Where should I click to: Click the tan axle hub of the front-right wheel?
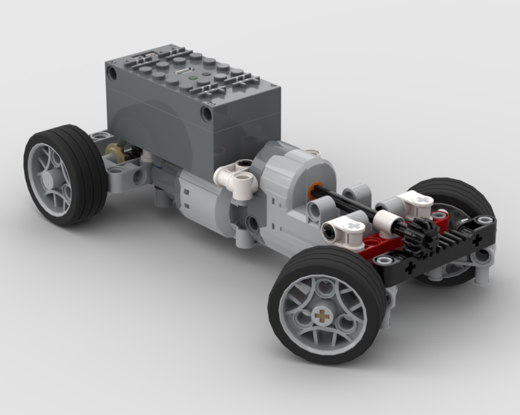322,316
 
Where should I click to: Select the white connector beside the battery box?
236,180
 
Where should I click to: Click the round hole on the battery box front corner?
207,113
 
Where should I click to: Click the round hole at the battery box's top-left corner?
113,73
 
